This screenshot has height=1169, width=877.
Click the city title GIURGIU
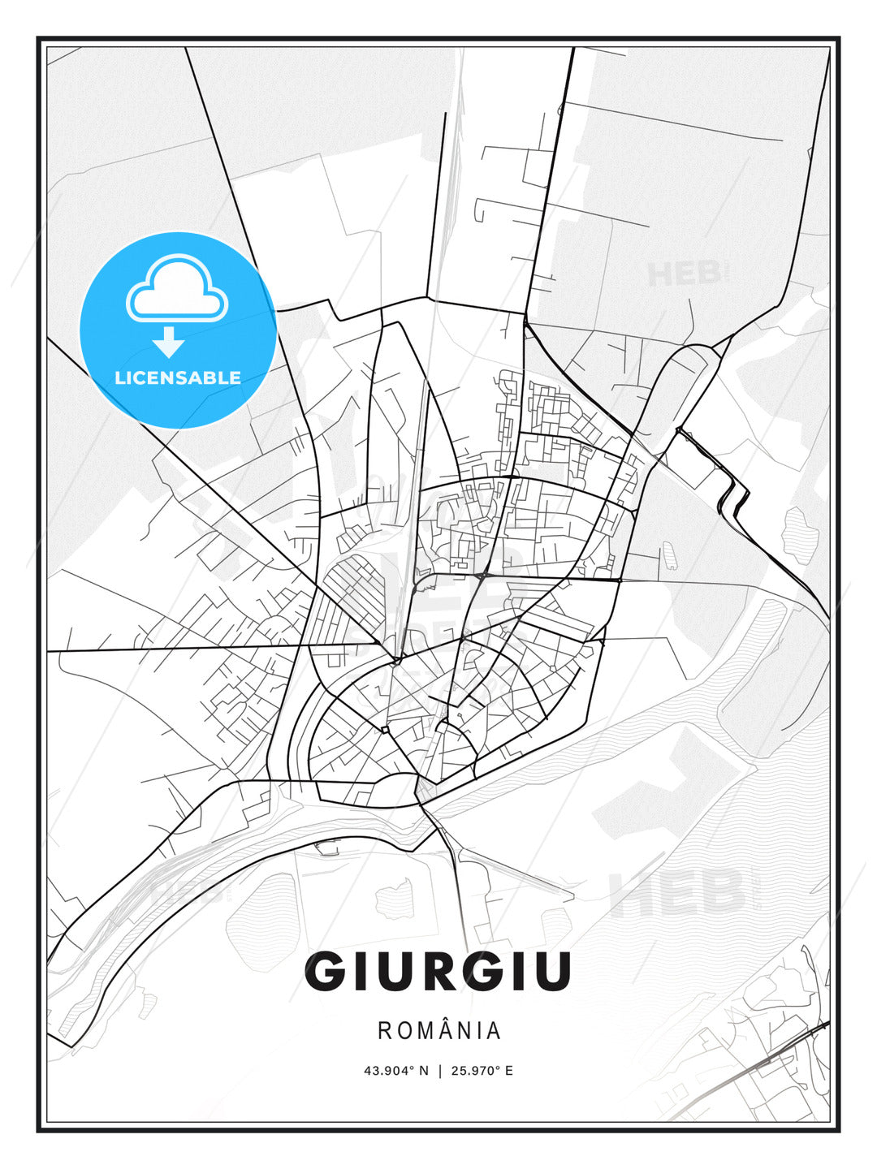(x=438, y=971)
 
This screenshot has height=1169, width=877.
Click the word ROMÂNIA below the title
(x=439, y=1031)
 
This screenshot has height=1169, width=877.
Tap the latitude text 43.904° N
(x=395, y=1070)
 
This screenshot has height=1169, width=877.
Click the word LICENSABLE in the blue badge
(x=178, y=377)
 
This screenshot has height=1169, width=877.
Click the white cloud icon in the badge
(x=177, y=290)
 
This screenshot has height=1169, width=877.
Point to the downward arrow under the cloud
(x=169, y=342)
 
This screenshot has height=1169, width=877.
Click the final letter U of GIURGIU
(x=552, y=971)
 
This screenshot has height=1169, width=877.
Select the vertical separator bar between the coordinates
(x=439, y=1070)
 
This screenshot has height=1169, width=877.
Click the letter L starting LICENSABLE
(x=119, y=377)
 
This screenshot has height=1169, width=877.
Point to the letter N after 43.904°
(x=424, y=1070)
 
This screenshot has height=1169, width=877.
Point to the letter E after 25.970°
(x=509, y=1070)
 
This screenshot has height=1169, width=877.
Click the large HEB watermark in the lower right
(x=678, y=891)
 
